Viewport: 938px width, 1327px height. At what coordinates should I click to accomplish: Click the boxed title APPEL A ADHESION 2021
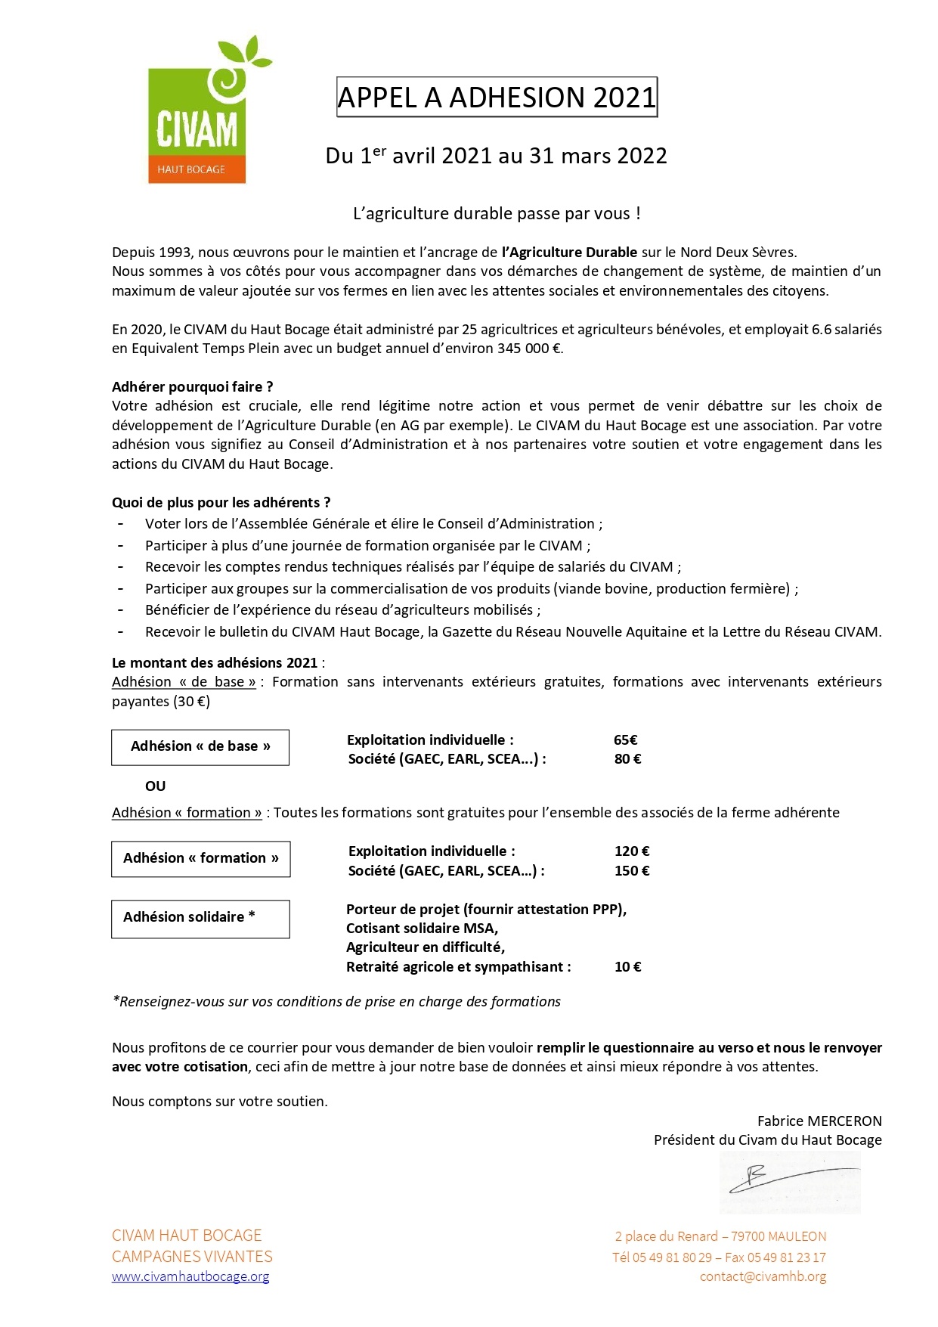[x=497, y=98]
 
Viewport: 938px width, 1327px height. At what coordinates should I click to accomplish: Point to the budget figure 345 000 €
[x=530, y=349]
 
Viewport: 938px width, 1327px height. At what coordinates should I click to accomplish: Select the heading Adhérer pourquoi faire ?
[x=192, y=387]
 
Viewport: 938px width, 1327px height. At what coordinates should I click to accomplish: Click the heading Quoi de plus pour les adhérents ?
[x=221, y=503]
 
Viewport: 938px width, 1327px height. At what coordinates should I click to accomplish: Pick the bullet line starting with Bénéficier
[x=342, y=610]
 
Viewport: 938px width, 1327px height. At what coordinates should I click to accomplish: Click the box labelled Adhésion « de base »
[x=200, y=747]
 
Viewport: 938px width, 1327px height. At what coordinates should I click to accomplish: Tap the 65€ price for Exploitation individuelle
[x=626, y=740]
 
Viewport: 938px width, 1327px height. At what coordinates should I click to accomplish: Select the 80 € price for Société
[x=627, y=759]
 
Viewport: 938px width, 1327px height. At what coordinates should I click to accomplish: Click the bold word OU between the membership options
[x=155, y=786]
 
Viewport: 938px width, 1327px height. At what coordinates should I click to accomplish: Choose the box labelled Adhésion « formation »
[x=201, y=859]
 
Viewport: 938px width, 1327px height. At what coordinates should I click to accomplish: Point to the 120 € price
[x=632, y=851]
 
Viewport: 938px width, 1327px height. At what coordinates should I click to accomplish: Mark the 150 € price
[x=632, y=871]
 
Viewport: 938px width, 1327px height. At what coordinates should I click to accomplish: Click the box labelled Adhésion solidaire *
[x=200, y=919]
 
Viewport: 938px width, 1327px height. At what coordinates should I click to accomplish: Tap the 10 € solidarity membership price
[x=627, y=967]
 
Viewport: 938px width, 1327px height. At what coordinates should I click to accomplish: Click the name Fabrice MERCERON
[x=819, y=1121]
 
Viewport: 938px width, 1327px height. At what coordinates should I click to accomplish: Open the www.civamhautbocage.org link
[x=190, y=1276]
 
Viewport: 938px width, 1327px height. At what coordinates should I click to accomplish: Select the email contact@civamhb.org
[x=763, y=1276]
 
